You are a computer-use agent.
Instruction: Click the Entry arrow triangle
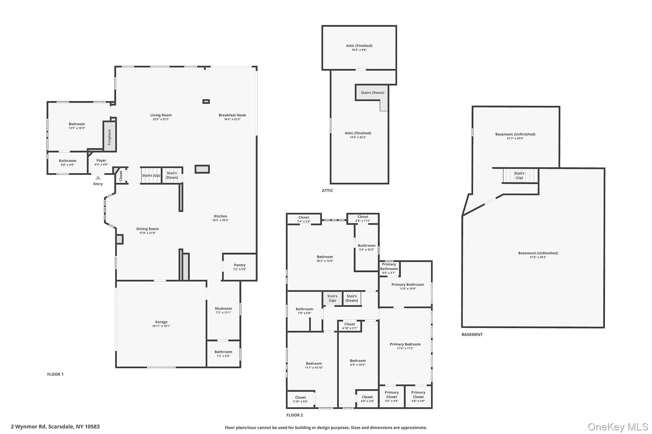98,178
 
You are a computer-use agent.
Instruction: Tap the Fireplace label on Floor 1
110,137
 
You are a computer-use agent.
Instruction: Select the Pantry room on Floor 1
239,267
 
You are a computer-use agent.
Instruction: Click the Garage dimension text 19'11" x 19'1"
161,326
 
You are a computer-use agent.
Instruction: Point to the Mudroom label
223,308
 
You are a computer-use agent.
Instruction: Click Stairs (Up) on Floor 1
151,176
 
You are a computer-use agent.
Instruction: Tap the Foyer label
101,161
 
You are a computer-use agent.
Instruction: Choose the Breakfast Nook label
232,115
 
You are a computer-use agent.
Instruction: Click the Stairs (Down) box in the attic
372,93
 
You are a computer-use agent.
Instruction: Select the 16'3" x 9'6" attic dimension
359,50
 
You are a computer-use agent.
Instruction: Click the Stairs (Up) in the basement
519,176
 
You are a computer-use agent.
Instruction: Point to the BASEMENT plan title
472,334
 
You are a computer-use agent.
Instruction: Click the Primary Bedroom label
405,344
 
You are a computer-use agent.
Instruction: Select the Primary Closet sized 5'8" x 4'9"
418,396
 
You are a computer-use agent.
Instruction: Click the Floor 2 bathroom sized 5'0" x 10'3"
366,247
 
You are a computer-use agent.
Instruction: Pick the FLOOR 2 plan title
294,415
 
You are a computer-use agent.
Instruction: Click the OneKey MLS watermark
618,427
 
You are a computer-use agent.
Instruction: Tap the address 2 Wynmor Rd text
55,427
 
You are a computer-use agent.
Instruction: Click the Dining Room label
147,229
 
